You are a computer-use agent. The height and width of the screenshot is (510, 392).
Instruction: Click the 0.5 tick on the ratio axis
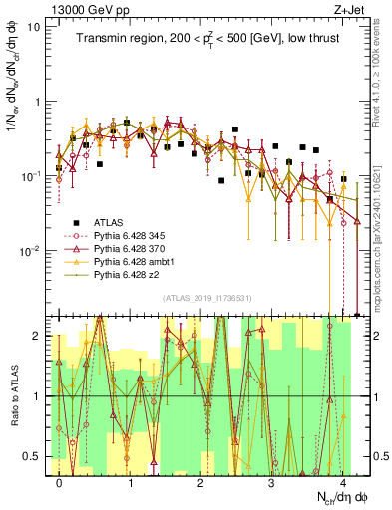tap(32, 457)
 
